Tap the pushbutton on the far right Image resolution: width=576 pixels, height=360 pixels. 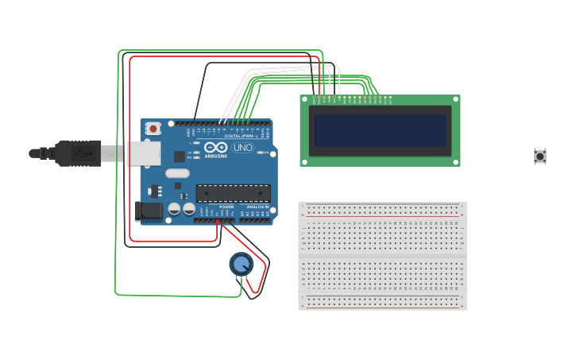pyautogui.click(x=540, y=157)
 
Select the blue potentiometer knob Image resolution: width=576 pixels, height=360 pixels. pyautogui.click(x=241, y=263)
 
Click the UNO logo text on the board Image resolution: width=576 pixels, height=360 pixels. pyautogui.click(x=242, y=148)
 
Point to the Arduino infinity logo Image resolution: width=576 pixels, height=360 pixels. pyautogui.click(x=215, y=147)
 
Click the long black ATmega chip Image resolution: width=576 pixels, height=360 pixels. pyautogui.click(x=233, y=193)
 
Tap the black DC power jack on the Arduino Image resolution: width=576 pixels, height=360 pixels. pyautogui.click(x=148, y=211)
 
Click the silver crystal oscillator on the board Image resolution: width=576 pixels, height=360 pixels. pyautogui.click(x=177, y=173)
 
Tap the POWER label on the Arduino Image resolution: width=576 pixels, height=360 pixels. pyautogui.click(x=226, y=207)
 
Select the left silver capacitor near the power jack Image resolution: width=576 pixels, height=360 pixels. pyautogui.click(x=174, y=209)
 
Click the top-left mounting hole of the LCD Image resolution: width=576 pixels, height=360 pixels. pyautogui.click(x=304, y=99)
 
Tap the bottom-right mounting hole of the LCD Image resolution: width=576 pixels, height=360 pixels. pyautogui.click(x=456, y=162)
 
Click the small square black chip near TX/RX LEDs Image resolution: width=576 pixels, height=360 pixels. pyautogui.click(x=179, y=157)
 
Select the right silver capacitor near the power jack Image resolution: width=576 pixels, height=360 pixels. pyautogui.click(x=189, y=209)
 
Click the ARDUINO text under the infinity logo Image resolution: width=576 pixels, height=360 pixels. pyautogui.click(x=216, y=156)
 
